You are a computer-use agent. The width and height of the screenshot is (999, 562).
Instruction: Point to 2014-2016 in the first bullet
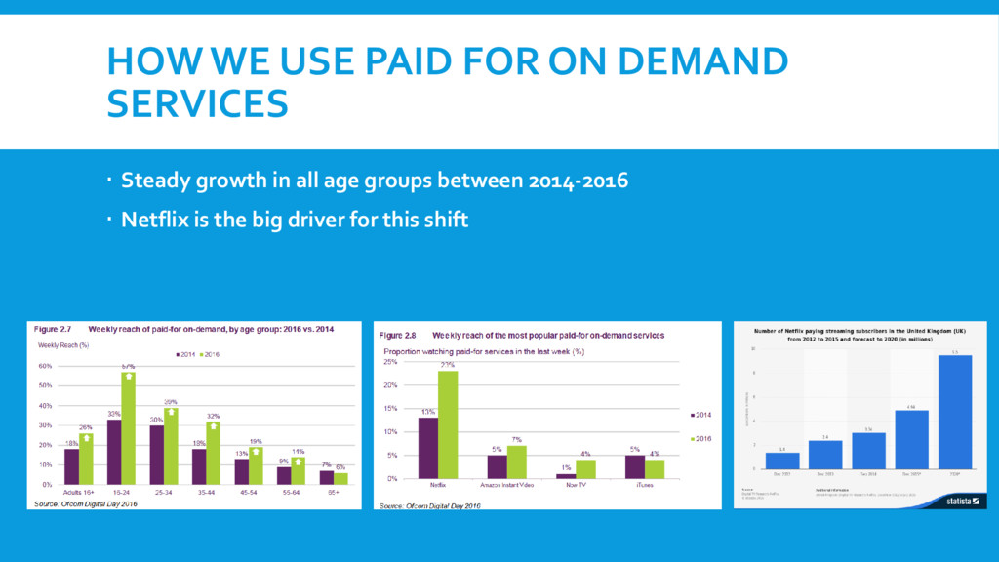coord(579,181)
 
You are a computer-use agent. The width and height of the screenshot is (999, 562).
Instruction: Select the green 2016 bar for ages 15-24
coord(128,428)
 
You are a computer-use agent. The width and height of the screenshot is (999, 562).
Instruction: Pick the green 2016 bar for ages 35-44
coord(214,453)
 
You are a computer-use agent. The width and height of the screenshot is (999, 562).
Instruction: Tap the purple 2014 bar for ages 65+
coord(326,477)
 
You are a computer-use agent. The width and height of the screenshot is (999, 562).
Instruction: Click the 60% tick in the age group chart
coord(44,366)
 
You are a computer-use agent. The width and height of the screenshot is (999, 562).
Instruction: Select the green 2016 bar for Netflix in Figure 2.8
coord(448,424)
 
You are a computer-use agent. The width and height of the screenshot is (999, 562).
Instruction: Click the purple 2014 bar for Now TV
coord(566,476)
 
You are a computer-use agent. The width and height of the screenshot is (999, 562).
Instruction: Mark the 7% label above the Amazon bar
coord(517,439)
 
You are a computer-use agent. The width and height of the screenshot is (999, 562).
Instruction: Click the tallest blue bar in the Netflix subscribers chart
coord(954,411)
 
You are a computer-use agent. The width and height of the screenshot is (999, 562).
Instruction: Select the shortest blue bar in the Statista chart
coord(782,460)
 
